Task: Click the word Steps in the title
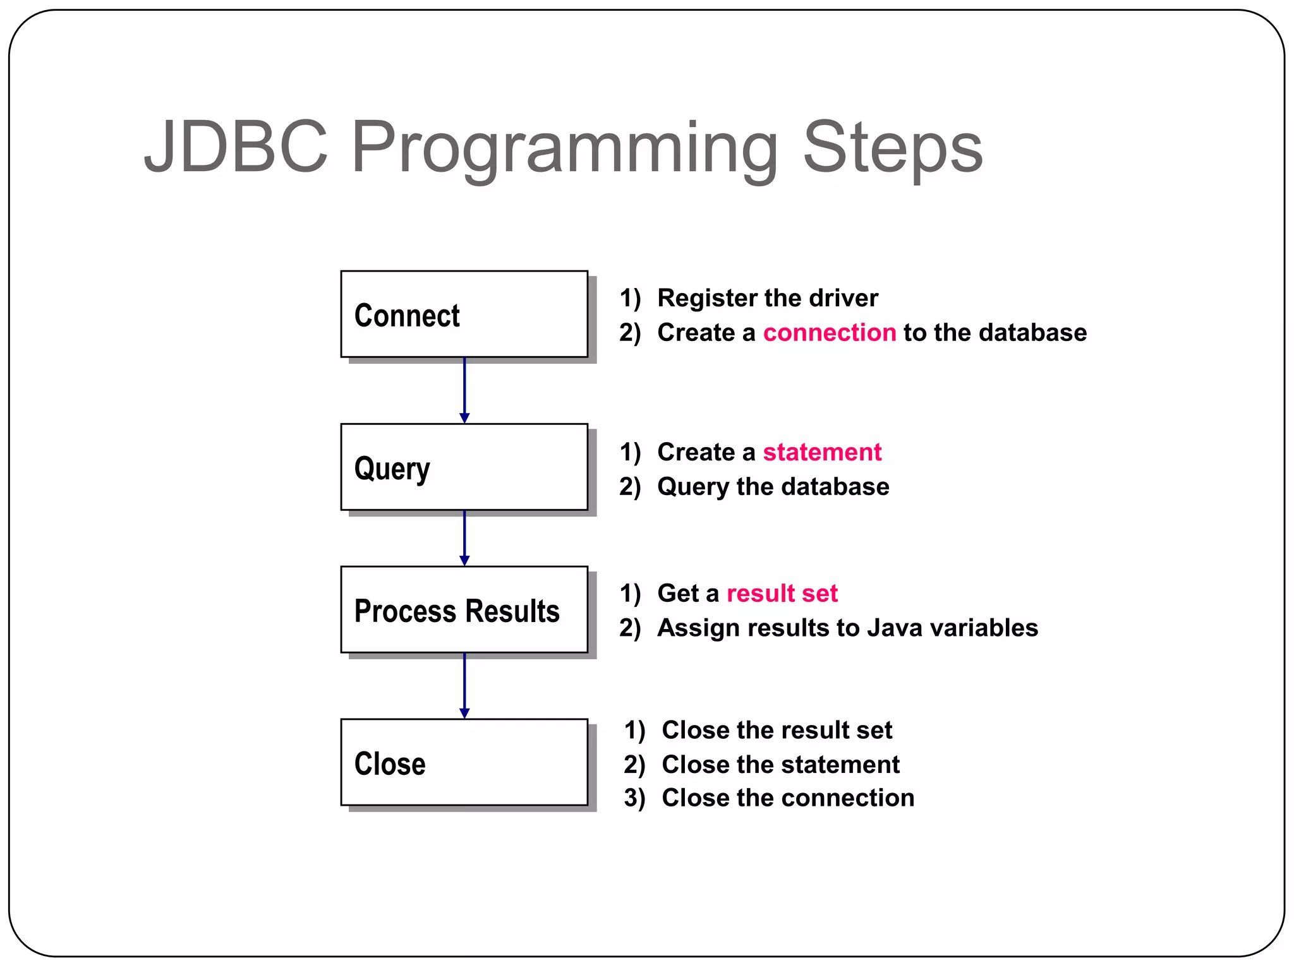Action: click(892, 148)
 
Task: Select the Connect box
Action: click(464, 314)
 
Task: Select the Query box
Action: click(464, 467)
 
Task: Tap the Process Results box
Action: click(464, 610)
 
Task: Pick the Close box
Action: click(464, 763)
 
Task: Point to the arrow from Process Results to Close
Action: click(464, 686)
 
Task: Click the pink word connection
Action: click(829, 333)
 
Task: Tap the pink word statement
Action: click(821, 452)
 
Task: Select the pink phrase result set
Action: click(782, 594)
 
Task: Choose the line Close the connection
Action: click(787, 798)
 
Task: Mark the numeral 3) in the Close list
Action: click(634, 798)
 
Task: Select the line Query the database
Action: click(773, 487)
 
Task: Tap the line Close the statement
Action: click(780, 765)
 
